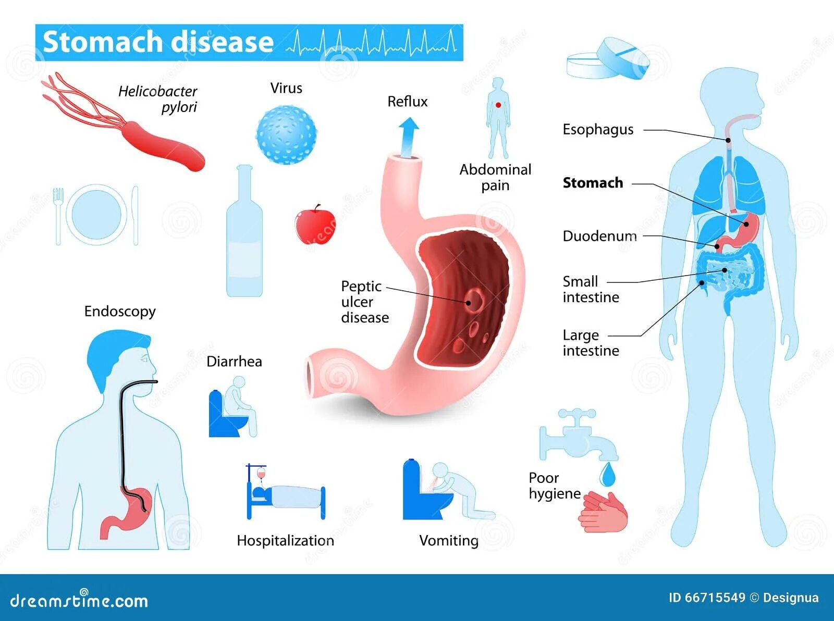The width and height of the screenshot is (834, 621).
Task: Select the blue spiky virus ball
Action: pyautogui.click(x=286, y=135)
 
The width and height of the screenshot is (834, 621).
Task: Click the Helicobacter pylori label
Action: pyautogui.click(x=157, y=99)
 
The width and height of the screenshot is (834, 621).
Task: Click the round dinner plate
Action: pyautogui.click(x=96, y=214)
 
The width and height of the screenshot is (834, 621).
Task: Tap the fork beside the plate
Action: pyautogui.click(x=58, y=215)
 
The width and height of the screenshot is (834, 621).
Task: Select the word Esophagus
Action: pyautogui.click(x=598, y=130)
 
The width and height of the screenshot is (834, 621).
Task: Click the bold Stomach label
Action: pyautogui.click(x=593, y=183)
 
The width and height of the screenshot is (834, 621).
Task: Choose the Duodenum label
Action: pyautogui.click(x=599, y=237)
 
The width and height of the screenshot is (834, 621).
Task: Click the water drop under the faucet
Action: pyautogui.click(x=606, y=475)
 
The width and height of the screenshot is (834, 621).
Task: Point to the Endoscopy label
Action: pyautogui.click(x=120, y=312)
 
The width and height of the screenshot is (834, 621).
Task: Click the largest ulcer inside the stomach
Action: pyautogui.click(x=473, y=300)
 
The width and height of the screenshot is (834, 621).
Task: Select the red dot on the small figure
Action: pyautogui.click(x=498, y=105)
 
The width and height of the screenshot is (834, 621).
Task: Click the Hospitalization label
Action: pyautogui.click(x=285, y=541)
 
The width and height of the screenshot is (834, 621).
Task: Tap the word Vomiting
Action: pyautogui.click(x=449, y=541)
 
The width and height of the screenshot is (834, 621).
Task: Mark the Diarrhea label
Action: pyautogui.click(x=234, y=362)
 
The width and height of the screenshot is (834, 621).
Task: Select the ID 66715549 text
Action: pyautogui.click(x=706, y=598)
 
